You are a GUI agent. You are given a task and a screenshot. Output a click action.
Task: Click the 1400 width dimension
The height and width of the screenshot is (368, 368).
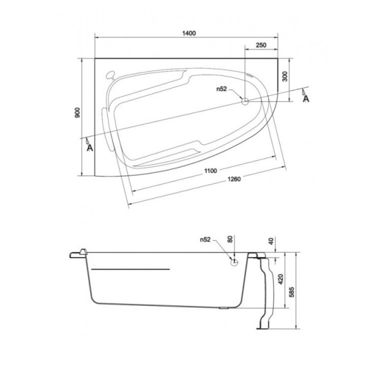point(188,33)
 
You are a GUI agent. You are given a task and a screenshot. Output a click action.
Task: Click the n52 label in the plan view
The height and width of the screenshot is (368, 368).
point(221,89)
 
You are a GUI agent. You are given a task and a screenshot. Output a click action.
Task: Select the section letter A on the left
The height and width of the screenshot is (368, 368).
point(90,147)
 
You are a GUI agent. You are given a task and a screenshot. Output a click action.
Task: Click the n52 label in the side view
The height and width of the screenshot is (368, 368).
point(205,240)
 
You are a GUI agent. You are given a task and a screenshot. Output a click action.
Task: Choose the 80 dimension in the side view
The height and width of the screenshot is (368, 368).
point(231,240)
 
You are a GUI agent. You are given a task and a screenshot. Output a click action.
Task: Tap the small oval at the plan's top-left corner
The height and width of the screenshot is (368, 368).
point(110,75)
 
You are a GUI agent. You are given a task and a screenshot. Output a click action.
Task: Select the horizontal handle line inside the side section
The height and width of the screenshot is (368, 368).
point(129,269)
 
